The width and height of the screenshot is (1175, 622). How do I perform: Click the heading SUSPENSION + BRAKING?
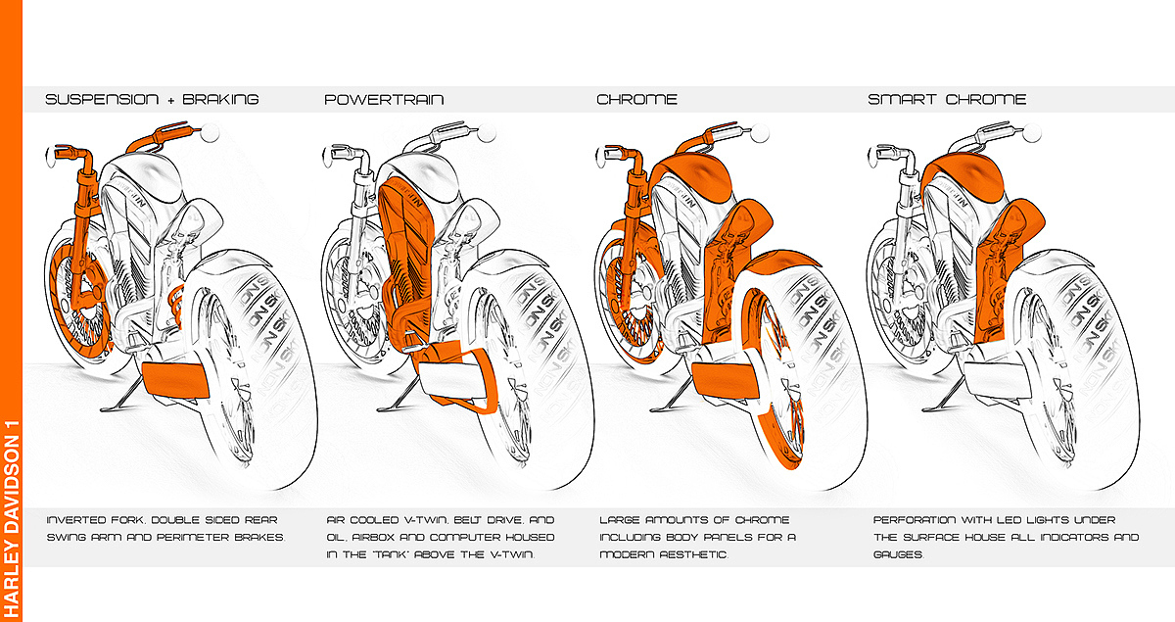152,99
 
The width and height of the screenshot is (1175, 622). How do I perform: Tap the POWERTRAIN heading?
384,99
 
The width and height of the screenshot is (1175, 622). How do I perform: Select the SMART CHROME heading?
947,99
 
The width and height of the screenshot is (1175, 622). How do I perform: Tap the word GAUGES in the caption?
899,554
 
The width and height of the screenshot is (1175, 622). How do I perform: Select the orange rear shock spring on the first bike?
176,305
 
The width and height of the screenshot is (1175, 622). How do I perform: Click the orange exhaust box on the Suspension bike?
175,379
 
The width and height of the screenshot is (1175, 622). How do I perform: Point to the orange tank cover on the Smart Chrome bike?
963,178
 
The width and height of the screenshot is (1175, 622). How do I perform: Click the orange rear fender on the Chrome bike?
781,265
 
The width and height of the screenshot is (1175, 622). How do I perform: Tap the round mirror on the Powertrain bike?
487,133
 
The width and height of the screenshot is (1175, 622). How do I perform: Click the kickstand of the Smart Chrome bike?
944,397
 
